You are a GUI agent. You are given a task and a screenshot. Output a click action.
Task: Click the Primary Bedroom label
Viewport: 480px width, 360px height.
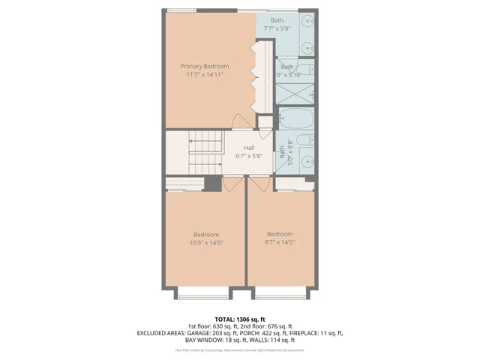[204, 66]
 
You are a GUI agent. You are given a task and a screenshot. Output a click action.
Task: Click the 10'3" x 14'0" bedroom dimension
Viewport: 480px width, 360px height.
[205, 242]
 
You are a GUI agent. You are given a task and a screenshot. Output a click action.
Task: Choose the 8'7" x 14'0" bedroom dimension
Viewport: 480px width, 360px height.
[280, 241]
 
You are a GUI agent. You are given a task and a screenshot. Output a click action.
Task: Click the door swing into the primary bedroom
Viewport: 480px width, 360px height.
[239, 121]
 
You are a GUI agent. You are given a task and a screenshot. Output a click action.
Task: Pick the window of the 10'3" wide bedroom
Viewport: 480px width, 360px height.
[204, 296]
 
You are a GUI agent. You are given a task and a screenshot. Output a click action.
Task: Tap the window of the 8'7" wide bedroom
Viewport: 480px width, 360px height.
[280, 296]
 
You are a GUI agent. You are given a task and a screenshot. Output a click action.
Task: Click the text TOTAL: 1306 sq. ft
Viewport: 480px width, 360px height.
[240, 319]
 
